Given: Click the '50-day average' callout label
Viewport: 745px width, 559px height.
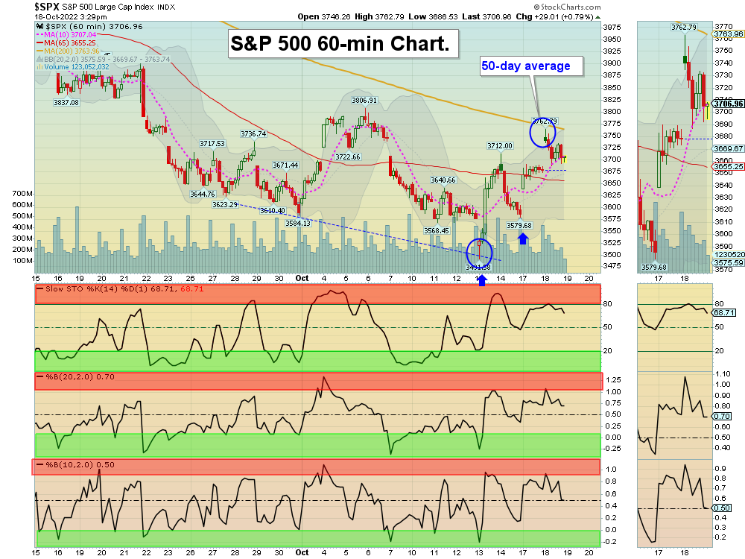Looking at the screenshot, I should [525, 66].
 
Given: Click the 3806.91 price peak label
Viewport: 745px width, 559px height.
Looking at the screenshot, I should [364, 100].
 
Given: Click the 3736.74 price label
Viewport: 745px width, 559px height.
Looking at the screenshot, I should [253, 134].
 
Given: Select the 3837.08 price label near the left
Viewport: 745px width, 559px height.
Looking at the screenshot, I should [66, 103].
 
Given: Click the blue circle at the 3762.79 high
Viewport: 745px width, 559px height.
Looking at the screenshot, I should [543, 132].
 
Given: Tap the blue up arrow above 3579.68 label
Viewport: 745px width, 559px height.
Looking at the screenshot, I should [523, 239].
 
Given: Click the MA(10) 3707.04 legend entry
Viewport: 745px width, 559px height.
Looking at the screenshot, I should [69, 34].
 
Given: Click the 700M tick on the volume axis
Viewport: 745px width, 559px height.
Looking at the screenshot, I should [23, 193].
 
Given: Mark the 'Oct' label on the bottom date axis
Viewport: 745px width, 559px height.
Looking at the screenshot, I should [302, 552].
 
